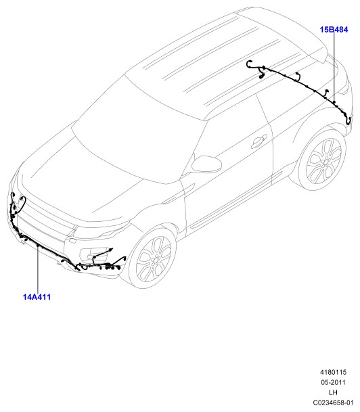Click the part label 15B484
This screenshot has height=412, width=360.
pyautogui.click(x=334, y=30)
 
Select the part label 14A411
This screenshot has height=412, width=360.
pyautogui.click(x=37, y=297)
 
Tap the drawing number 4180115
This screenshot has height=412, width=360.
pyautogui.click(x=333, y=372)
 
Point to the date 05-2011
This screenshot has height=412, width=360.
pyautogui.click(x=333, y=382)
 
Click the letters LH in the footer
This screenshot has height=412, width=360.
pyautogui.click(x=333, y=392)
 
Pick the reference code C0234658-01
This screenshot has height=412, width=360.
pyautogui.click(x=333, y=403)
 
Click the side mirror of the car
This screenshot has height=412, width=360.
pyautogui.click(x=206, y=164)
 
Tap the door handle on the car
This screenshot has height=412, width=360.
pyautogui.click(x=258, y=141)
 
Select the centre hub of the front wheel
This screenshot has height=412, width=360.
pyautogui.click(x=155, y=259)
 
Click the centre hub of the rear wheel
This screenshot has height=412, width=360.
pyautogui.click(x=327, y=160)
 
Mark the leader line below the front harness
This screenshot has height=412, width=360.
pyautogui.click(x=38, y=269)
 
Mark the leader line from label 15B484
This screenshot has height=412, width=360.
pyautogui.click(x=334, y=66)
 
